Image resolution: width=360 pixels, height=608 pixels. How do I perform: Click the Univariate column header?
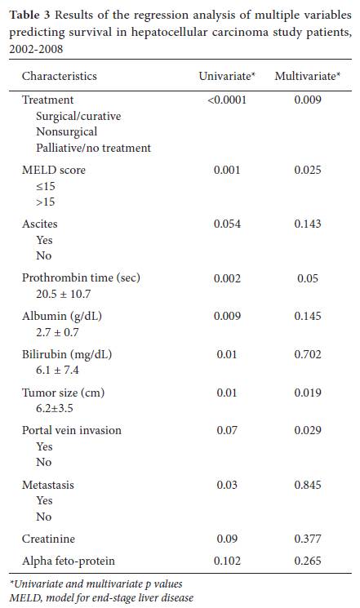[x=227, y=76]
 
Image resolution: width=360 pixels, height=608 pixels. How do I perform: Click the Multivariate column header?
[x=307, y=76]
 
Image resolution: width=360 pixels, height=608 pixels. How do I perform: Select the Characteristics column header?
[x=60, y=76]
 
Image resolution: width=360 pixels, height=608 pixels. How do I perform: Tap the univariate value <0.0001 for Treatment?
[x=227, y=100]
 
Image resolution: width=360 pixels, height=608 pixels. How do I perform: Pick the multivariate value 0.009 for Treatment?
[x=308, y=100]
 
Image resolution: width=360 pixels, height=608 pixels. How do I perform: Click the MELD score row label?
[x=54, y=170]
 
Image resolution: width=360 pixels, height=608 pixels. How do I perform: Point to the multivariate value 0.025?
[x=308, y=170]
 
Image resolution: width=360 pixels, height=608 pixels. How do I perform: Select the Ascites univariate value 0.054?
[x=227, y=224]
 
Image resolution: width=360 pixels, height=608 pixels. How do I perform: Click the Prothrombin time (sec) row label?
[x=81, y=277]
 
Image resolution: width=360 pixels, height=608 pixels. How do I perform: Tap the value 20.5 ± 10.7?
[x=63, y=294]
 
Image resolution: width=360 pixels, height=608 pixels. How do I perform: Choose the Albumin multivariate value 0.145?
[x=308, y=316]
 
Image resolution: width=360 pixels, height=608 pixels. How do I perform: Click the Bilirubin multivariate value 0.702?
[x=308, y=354]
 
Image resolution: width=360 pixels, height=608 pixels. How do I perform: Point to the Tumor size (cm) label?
[x=63, y=393]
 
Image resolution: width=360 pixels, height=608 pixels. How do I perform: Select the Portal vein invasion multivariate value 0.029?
[x=308, y=430]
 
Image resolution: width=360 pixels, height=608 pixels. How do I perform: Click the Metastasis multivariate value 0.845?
[x=308, y=485]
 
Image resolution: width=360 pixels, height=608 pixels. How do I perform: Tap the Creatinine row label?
[x=48, y=539]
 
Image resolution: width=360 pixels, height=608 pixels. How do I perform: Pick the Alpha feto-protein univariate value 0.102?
[x=227, y=561]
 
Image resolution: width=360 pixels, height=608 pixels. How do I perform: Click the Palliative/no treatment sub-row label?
[x=94, y=148]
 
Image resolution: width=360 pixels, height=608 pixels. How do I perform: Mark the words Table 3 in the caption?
[x=30, y=16]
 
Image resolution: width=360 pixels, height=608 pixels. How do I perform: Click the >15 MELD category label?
[x=46, y=202]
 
